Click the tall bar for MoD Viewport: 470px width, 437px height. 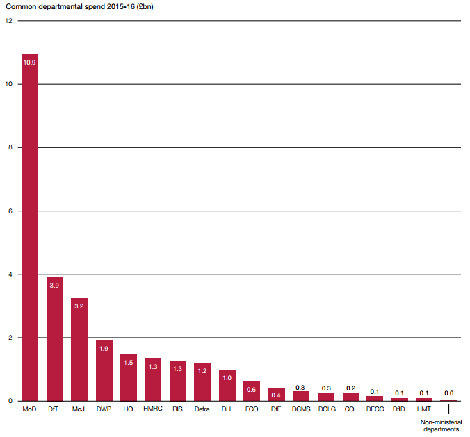(30, 229)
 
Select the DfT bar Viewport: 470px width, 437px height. (55, 340)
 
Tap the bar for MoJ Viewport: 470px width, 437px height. (79, 351)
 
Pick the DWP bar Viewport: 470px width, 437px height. (104, 372)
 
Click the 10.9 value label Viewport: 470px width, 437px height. (30, 63)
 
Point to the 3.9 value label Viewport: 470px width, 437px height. (55, 286)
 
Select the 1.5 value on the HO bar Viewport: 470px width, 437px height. (129, 362)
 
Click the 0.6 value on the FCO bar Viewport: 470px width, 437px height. (252, 390)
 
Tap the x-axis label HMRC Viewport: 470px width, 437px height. (153, 409)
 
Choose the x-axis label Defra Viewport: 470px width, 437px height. (202, 409)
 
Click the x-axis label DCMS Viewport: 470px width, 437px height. (301, 409)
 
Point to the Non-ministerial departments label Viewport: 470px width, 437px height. (440, 425)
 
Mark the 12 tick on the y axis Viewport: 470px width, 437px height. (8, 20)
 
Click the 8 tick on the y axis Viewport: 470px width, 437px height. (8, 147)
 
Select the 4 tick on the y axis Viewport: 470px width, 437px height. (8, 274)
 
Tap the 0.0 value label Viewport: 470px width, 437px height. (449, 393)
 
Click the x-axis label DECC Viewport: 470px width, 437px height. (375, 409)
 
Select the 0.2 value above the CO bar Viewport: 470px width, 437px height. (350, 388)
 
